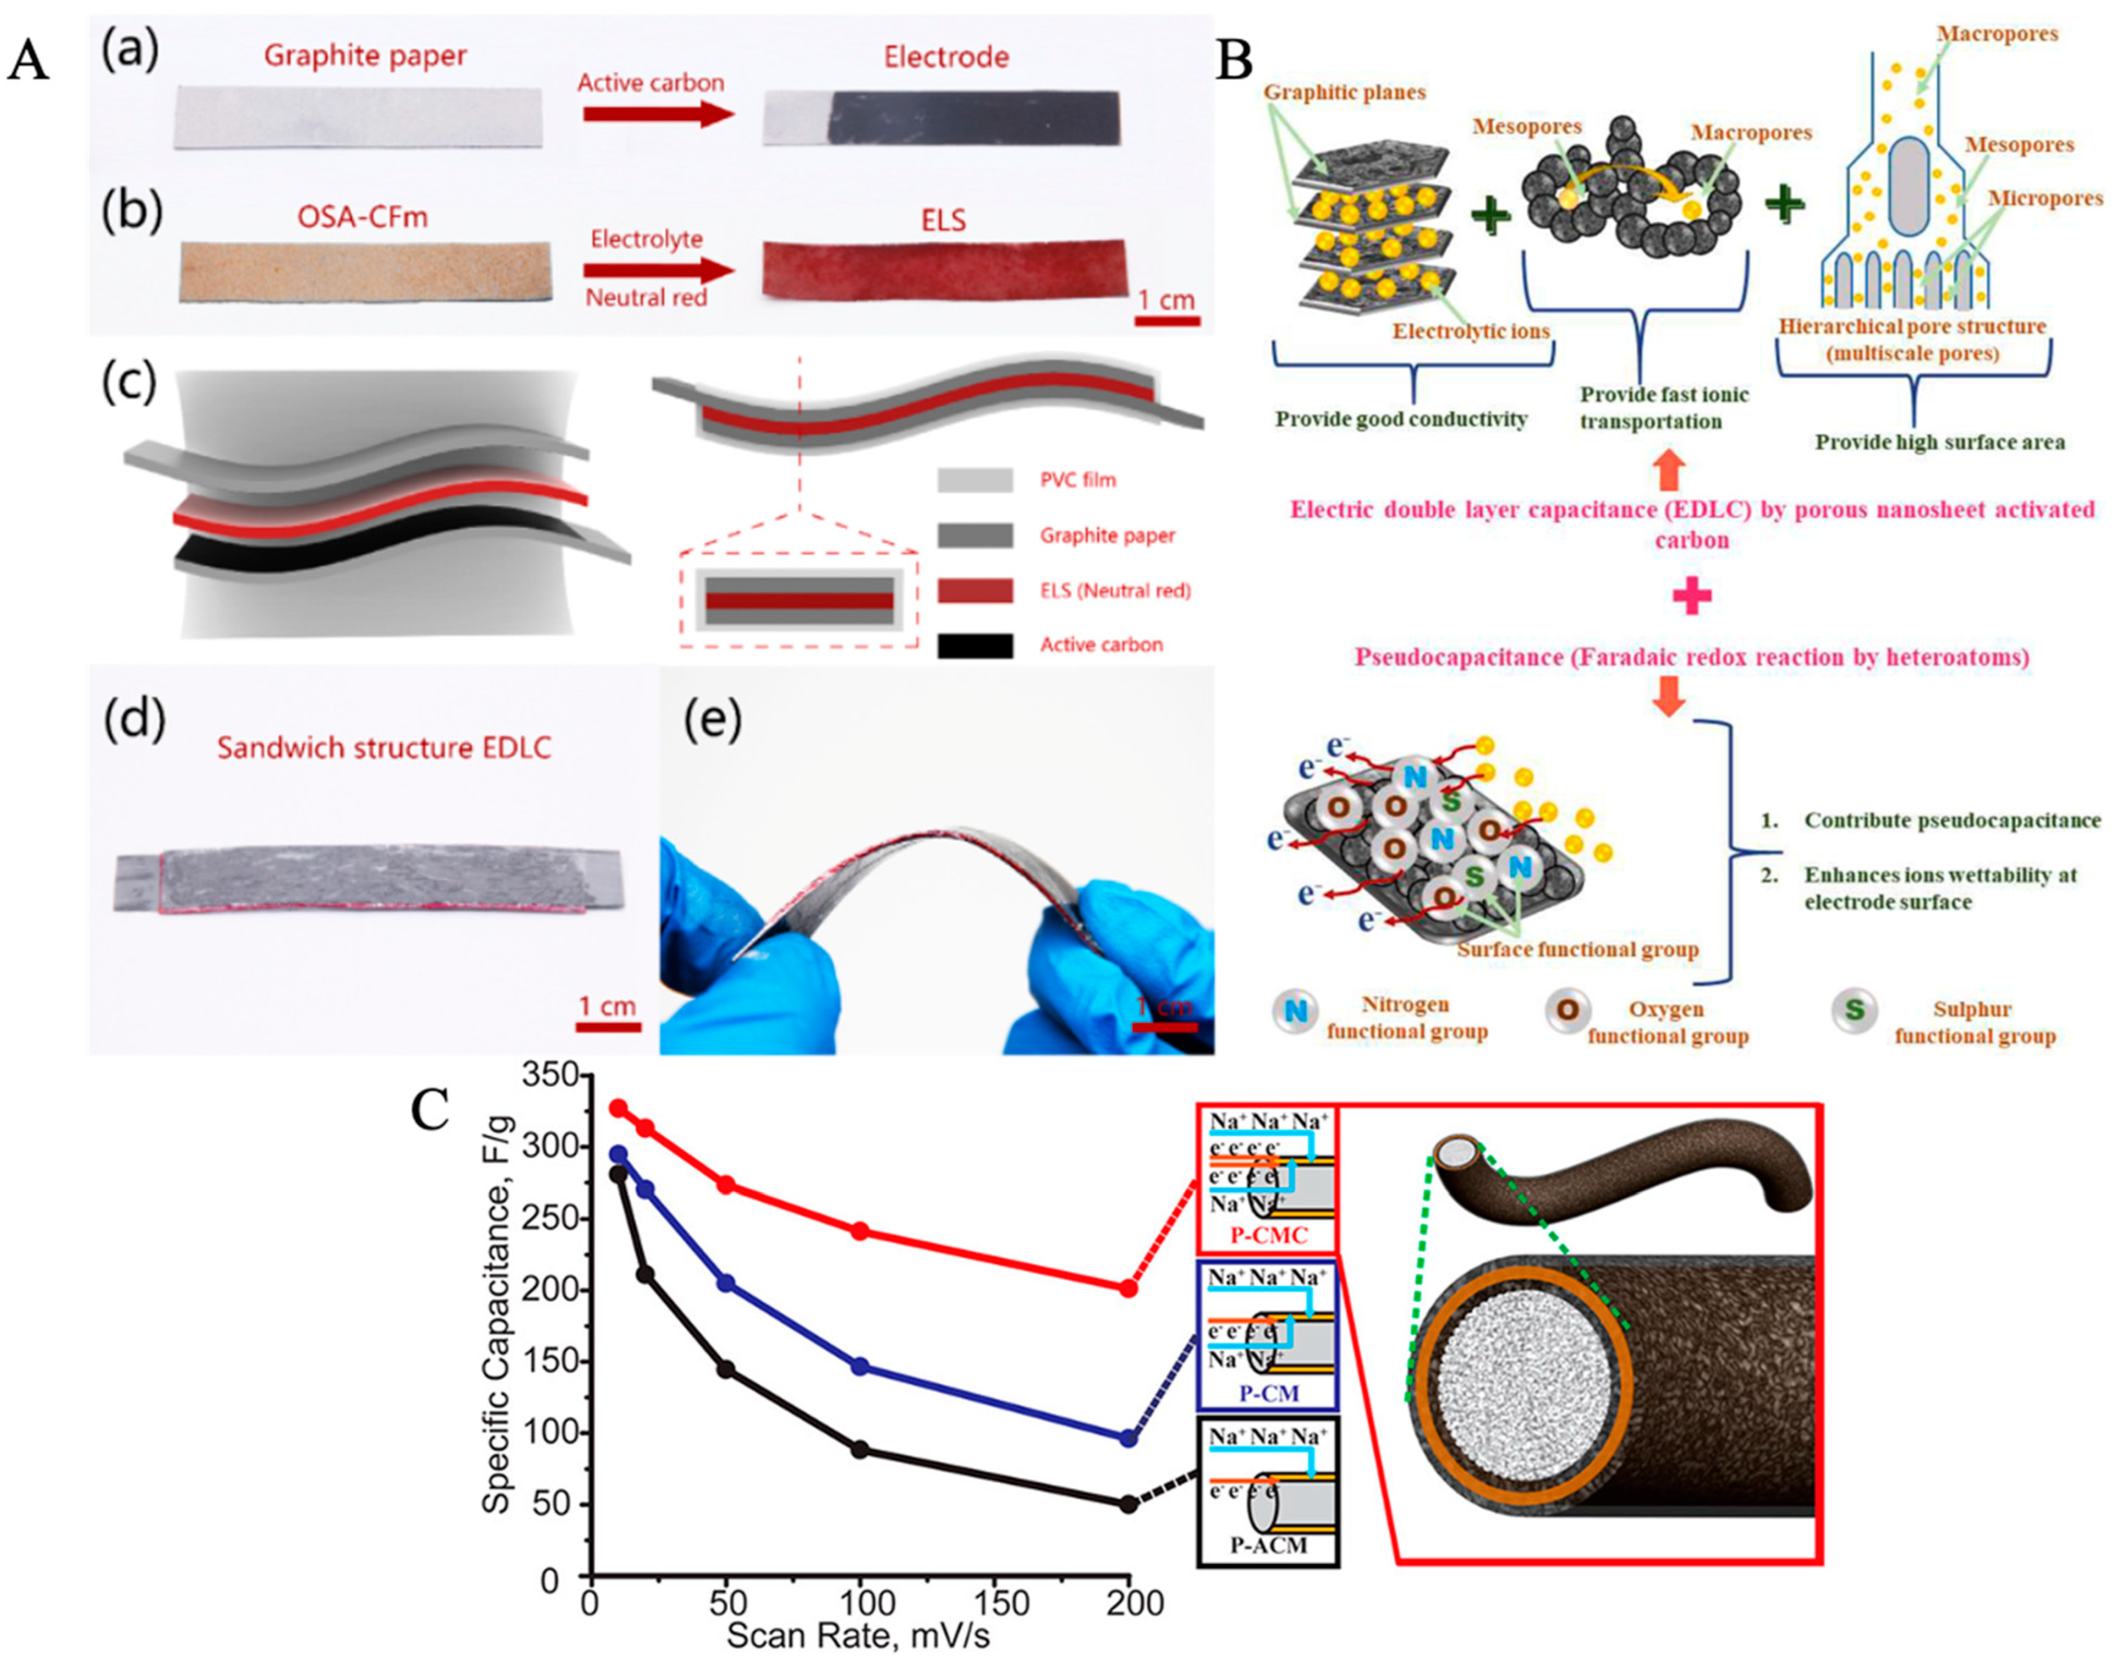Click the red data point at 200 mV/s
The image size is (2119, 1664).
[x=1128, y=1288]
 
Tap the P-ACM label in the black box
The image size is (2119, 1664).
[x=1267, y=1544]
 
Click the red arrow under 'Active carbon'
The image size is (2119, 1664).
[x=658, y=114]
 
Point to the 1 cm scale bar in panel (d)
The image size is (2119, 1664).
[x=608, y=1026]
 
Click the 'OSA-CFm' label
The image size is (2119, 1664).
[x=362, y=217]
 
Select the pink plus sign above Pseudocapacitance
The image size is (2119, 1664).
[x=1691, y=596]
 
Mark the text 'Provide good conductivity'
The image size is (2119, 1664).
[x=1401, y=419]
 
